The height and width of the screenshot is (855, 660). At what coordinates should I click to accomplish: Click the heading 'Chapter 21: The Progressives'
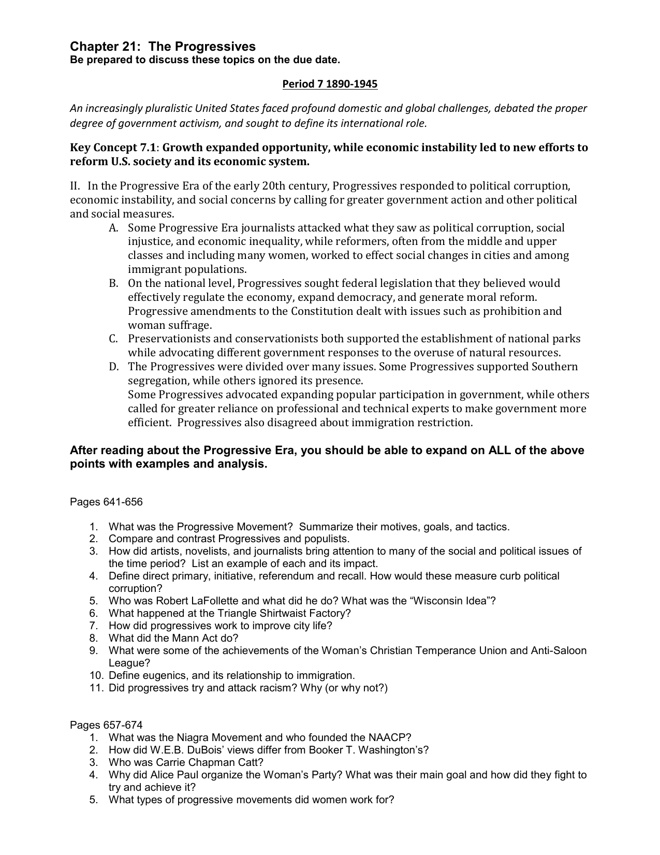pos(163,47)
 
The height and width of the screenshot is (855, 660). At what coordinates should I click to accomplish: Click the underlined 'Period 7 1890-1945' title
pos(330,84)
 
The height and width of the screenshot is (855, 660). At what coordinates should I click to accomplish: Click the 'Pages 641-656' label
pos(106,502)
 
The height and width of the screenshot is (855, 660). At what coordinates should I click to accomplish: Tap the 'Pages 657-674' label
pos(106,725)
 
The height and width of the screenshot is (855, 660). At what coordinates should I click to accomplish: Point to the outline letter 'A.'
pos(114,228)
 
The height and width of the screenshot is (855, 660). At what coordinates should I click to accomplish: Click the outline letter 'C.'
pos(114,339)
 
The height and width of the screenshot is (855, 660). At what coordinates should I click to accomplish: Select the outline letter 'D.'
pos(114,367)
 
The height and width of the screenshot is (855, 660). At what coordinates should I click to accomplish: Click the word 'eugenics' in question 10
pos(164,675)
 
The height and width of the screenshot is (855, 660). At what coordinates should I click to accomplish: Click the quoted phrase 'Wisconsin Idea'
pos(449,601)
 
